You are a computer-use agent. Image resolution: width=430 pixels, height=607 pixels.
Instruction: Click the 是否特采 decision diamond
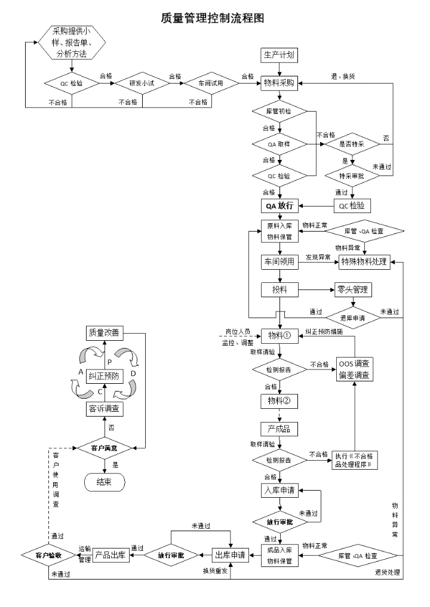[353, 144]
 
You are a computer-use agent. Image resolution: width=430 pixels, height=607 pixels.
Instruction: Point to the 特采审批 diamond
[352, 176]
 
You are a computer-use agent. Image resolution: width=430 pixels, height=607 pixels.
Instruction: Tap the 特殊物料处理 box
[364, 261]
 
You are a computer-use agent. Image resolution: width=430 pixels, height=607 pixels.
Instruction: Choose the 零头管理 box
[352, 290]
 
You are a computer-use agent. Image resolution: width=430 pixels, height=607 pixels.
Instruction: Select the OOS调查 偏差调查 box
[355, 369]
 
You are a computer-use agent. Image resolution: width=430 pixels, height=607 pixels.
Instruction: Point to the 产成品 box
[279, 429]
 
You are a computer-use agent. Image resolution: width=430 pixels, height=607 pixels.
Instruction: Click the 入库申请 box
[279, 491]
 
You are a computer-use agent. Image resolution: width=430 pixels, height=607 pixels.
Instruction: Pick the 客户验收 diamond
[48, 555]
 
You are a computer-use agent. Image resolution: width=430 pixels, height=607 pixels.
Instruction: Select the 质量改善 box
[104, 332]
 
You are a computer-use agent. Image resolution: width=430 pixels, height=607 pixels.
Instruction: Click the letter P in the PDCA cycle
[109, 362]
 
